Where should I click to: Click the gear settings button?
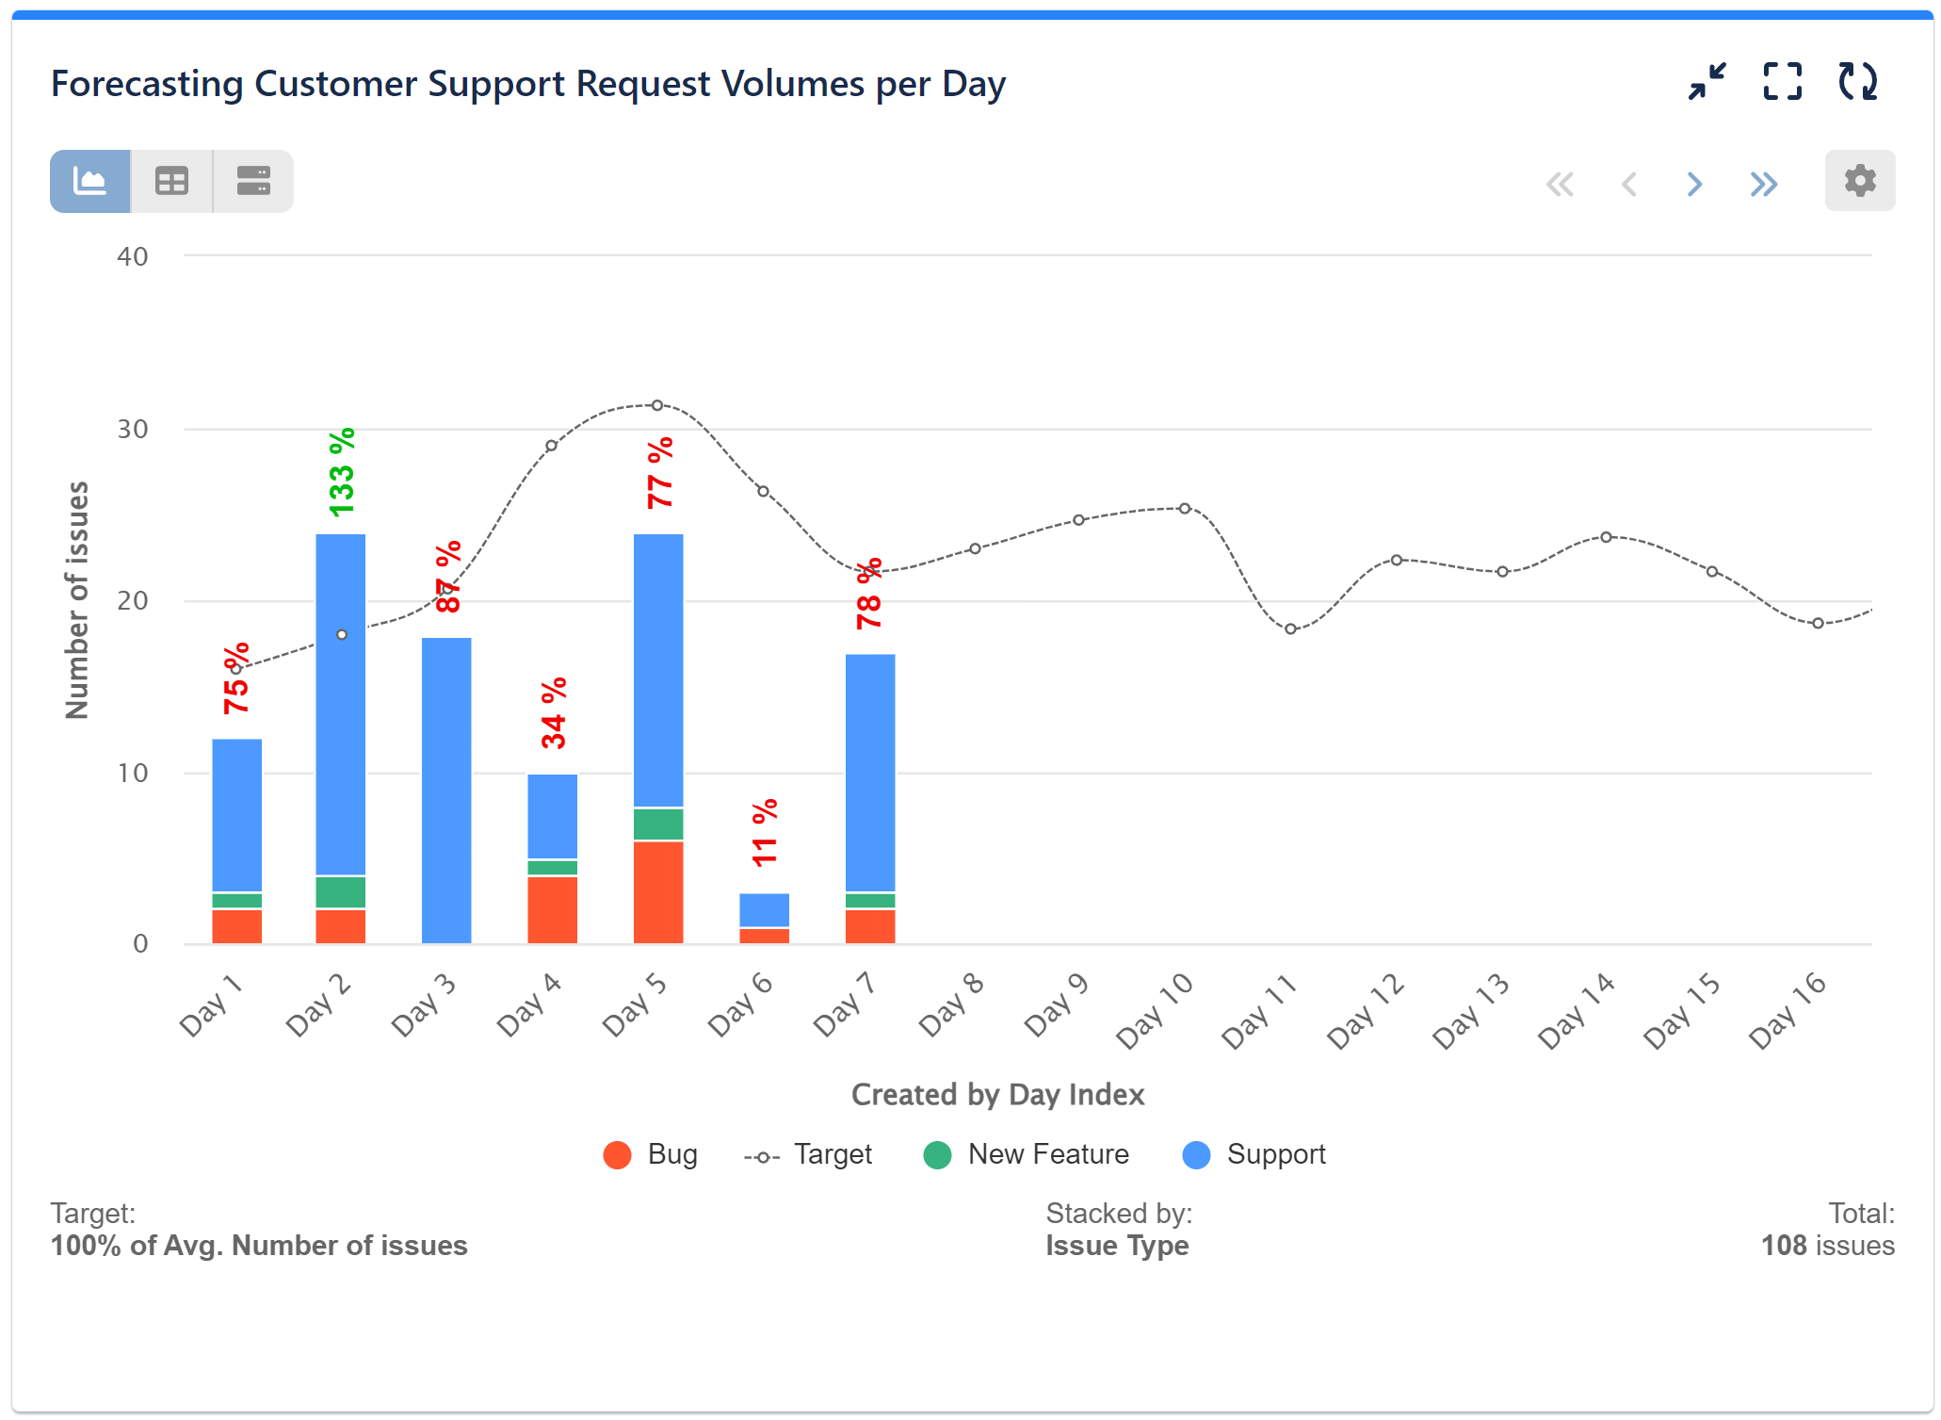(1858, 181)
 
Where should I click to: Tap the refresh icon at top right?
(1857, 82)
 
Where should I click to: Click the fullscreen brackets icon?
(1782, 82)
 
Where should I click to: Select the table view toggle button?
(171, 181)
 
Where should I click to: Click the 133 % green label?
(341, 472)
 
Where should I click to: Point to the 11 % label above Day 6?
(764, 833)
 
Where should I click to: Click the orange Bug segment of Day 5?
(657, 891)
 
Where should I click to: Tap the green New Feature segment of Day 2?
(340, 891)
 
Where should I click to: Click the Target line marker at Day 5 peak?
(657, 405)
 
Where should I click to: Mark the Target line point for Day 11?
(1290, 628)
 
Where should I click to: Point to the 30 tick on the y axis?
(133, 429)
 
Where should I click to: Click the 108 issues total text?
(1827, 1245)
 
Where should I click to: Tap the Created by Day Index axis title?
(996, 1094)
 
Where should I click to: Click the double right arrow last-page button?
(1763, 184)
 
